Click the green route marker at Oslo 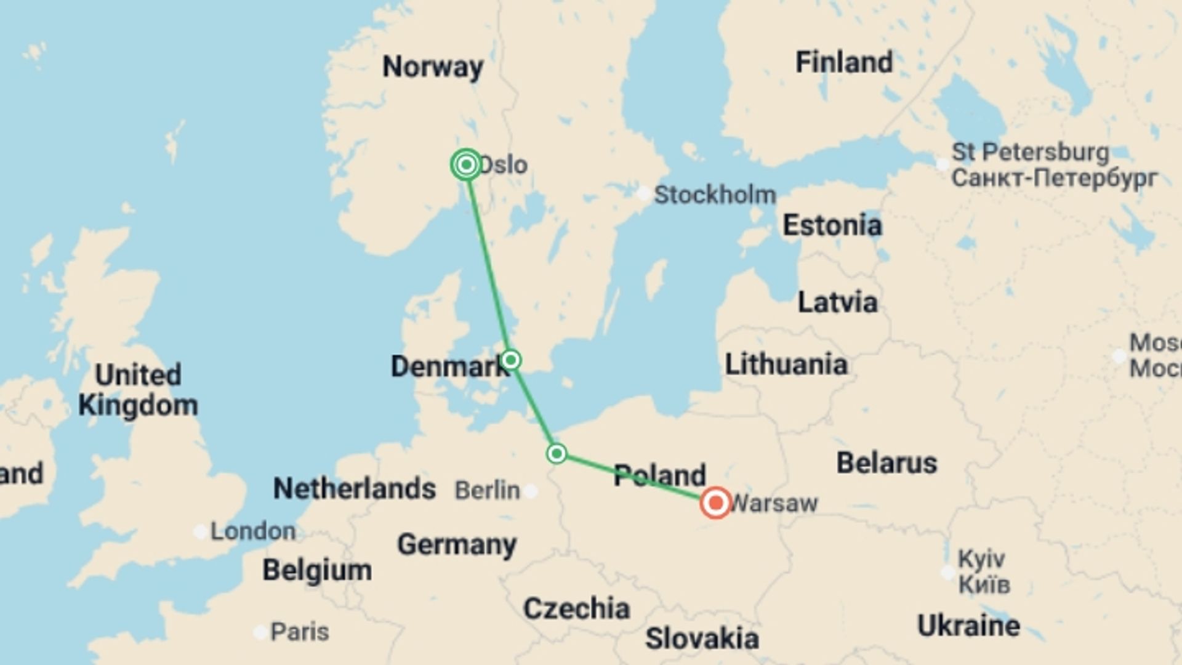[x=466, y=164]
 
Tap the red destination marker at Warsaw [x=715, y=503]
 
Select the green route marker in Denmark [x=510, y=360]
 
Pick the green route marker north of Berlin [x=557, y=454]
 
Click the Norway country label [x=433, y=66]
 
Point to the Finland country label [x=843, y=62]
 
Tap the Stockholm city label [x=714, y=195]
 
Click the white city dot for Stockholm [x=643, y=194]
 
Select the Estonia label [x=832, y=225]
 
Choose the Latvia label [x=837, y=302]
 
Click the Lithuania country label [x=786, y=364]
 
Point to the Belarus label [x=886, y=463]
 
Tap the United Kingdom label [x=138, y=390]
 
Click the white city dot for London [x=200, y=531]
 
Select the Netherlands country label [x=354, y=489]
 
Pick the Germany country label [x=456, y=544]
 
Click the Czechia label [x=576, y=608]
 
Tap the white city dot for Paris [x=260, y=632]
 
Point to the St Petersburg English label [x=1030, y=152]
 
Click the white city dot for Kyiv [x=948, y=573]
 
